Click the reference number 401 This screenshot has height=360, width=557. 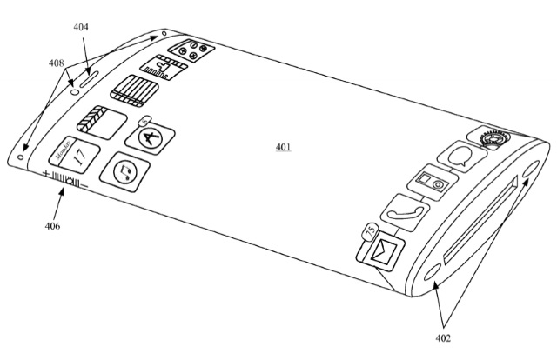(283, 147)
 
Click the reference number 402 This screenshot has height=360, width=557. (443, 338)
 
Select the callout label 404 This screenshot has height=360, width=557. (81, 27)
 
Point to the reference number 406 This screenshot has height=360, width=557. (52, 226)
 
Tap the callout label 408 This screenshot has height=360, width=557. (57, 63)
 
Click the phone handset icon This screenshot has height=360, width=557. (405, 213)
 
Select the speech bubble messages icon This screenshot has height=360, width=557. (461, 157)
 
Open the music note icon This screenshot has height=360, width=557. (124, 172)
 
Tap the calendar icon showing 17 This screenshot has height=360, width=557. (74, 155)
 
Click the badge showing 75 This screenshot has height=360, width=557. (371, 232)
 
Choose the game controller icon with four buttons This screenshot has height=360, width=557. (191, 50)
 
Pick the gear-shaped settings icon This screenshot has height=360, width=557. (491, 138)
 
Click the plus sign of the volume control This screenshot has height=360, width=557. (45, 174)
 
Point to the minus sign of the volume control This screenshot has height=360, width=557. (84, 185)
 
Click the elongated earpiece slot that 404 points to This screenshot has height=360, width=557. (89, 79)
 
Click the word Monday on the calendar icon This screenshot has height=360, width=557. (63, 150)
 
